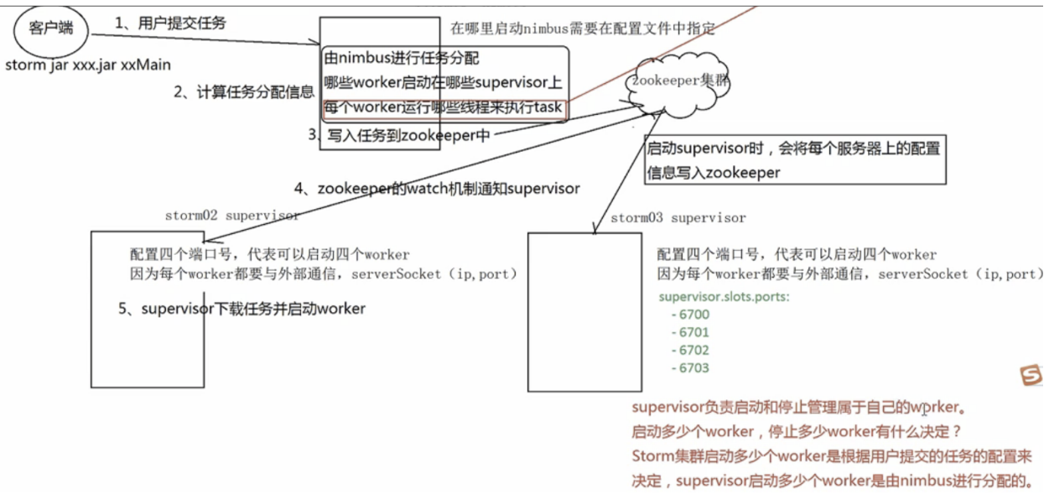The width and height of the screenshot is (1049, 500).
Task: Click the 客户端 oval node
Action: [49, 29]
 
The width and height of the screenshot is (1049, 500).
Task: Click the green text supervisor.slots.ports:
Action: [724, 297]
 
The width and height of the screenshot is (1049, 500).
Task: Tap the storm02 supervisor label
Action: [231, 216]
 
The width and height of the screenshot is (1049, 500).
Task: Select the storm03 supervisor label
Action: [678, 218]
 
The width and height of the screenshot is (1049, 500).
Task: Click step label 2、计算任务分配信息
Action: [244, 92]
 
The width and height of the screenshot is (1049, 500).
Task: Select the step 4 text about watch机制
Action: [437, 189]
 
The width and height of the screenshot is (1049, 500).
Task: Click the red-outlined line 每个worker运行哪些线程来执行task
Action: [443, 108]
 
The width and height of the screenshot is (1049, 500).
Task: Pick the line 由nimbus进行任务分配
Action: [402, 60]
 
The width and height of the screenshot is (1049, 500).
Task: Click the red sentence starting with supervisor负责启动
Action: [798, 409]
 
